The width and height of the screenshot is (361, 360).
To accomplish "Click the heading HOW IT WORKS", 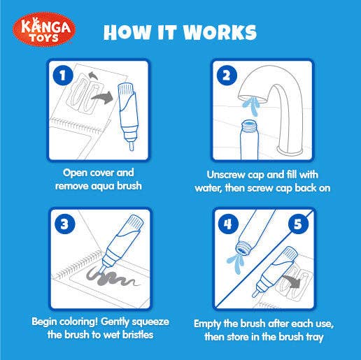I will [180, 32].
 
